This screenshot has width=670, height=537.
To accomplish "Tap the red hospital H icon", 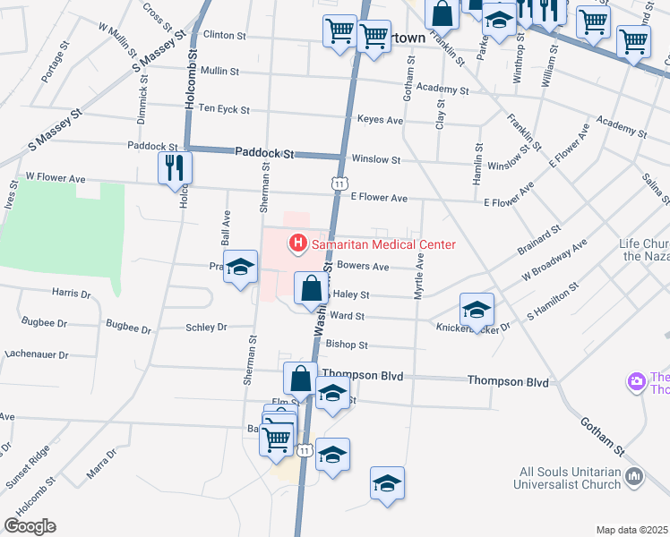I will tap(296, 243).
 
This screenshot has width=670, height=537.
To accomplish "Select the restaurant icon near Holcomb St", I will tap(175, 167).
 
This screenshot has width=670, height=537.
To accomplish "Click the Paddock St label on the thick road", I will tap(264, 153).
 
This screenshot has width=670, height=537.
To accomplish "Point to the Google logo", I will tap(30, 526).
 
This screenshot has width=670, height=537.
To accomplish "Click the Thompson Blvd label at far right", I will tap(508, 381).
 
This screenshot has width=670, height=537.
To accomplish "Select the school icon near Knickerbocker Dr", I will tap(477, 310).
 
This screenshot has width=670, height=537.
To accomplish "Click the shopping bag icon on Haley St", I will tap(310, 289).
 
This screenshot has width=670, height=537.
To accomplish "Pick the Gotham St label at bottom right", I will tap(601, 434).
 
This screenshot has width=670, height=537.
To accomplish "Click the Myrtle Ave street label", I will tap(418, 276).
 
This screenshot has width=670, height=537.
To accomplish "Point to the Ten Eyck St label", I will tap(224, 108).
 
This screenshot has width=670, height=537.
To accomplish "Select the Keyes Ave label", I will tap(380, 119).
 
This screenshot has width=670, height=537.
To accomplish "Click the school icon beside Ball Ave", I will tap(239, 268).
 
